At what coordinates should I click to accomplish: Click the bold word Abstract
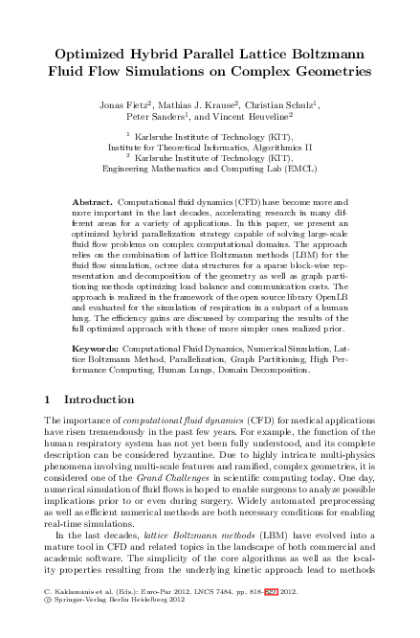pyautogui.click(x=93, y=204)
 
